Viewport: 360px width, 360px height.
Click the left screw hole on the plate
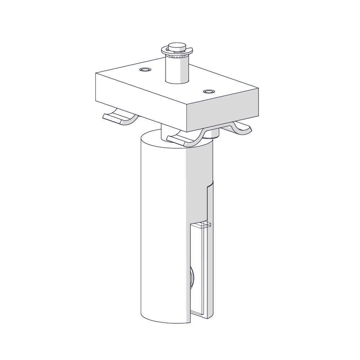click(145, 69)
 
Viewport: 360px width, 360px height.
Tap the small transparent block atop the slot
click(200, 225)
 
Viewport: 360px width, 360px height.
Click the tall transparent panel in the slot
click(198, 266)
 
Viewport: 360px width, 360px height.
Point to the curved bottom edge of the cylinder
click(162, 321)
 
